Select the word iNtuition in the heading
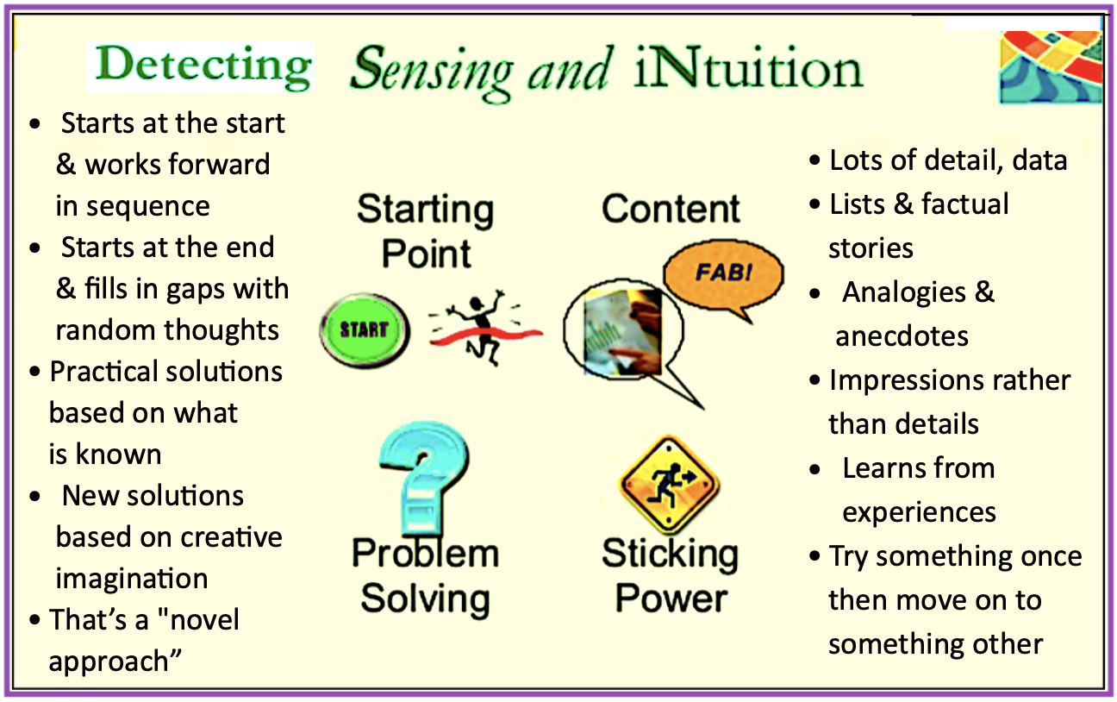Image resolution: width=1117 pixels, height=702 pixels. pos(748,68)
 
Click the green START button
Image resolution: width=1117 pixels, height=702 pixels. pos(365,331)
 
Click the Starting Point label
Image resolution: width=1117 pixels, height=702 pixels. pos(426,231)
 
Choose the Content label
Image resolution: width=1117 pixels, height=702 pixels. pos(671,209)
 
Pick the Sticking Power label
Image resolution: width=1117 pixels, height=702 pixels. pos(671,575)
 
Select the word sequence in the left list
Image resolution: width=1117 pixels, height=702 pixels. pos(147,207)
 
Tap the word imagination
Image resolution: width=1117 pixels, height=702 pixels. pos(132,580)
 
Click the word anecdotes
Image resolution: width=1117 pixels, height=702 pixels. pos(902,336)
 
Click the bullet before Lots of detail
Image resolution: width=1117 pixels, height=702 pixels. pos(814,160)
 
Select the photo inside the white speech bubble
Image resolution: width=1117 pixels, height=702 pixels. pos(623,332)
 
